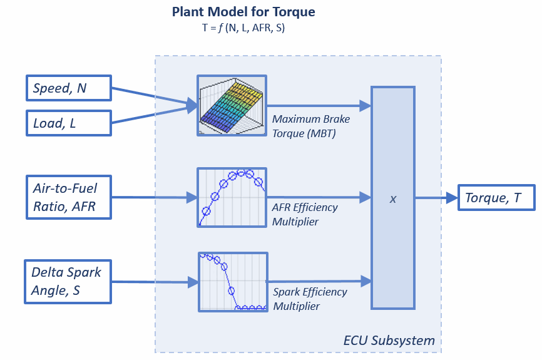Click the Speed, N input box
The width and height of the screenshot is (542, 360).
point(68,89)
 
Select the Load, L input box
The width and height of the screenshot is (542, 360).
point(68,123)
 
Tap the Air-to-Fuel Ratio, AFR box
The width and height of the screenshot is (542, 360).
point(69,197)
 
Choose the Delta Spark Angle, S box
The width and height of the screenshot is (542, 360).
point(68,281)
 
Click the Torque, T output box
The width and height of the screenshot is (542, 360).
point(496,198)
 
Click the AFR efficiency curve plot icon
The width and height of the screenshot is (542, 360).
point(232,197)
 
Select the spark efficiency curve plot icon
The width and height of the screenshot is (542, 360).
point(233,281)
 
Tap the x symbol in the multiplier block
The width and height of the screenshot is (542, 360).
point(393,198)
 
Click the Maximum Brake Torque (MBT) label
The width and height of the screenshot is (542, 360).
point(311,126)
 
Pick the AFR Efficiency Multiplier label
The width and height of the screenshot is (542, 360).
point(305,214)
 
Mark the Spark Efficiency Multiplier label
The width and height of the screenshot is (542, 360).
point(310,299)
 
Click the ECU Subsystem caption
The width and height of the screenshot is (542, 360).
point(389,341)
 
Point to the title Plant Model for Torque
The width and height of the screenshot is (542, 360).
point(243,11)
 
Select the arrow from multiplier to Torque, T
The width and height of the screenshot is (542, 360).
point(436,198)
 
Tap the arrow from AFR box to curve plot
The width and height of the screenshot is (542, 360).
point(154,198)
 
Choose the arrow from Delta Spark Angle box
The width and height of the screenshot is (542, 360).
point(154,282)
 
